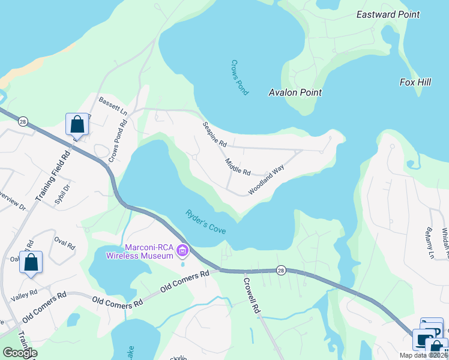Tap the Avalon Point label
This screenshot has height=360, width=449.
pos(295,92)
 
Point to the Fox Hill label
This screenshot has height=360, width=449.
pos(415,82)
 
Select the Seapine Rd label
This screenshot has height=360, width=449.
pos(214,136)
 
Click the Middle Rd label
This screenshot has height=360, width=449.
pos(238,167)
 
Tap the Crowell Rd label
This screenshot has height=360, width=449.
pos(252,295)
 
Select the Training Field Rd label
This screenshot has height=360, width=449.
pos(52,176)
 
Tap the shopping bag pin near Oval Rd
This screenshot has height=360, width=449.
pos(31,262)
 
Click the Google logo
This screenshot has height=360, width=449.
pos(20,352)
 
